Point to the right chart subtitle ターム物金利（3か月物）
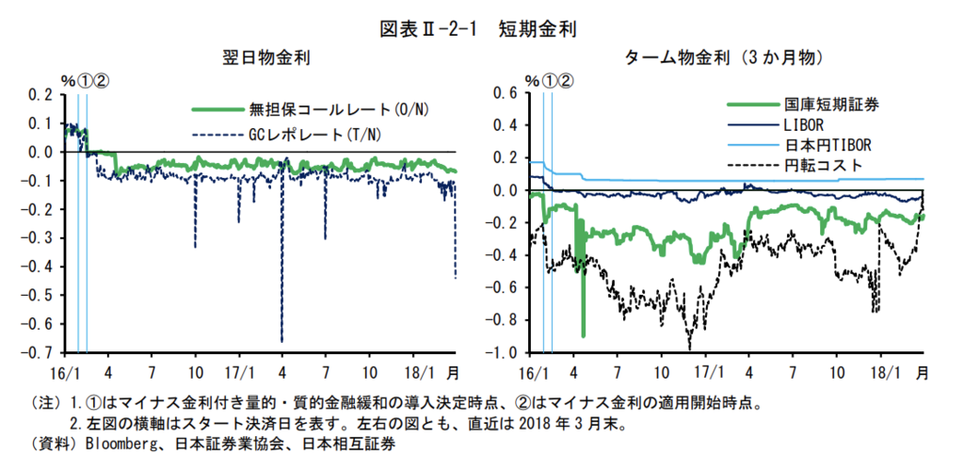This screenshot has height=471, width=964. click(x=725, y=58)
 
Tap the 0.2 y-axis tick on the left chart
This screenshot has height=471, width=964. click(x=41, y=94)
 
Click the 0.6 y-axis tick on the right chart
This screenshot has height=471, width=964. click(x=506, y=92)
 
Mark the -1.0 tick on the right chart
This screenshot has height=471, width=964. click(x=504, y=353)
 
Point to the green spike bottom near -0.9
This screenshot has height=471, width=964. click(x=584, y=335)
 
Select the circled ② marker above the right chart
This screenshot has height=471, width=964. click(x=565, y=80)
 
